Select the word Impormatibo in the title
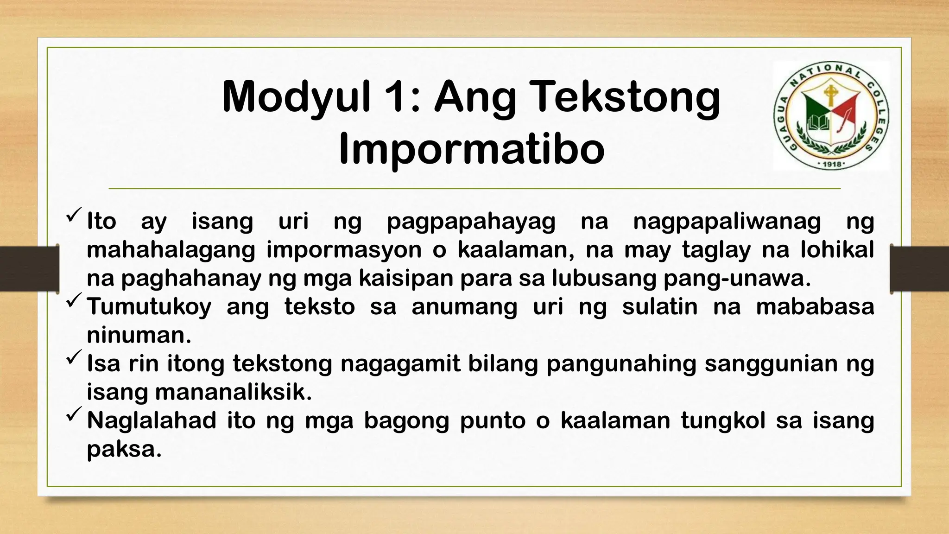471,150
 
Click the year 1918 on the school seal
832,164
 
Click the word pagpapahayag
471,222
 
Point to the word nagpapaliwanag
727,222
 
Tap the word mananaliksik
233,393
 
